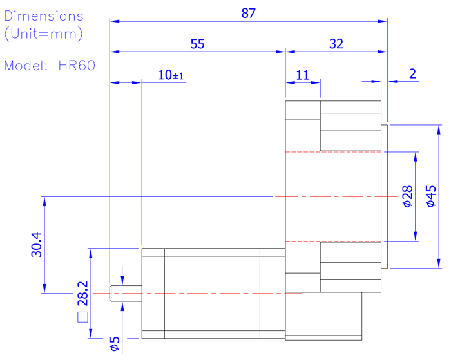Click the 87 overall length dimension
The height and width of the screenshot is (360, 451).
click(249, 13)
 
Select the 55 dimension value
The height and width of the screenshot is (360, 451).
click(197, 44)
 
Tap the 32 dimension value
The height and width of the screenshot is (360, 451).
click(336, 44)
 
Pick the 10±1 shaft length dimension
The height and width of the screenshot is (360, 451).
click(171, 75)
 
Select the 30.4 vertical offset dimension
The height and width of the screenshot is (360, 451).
click(35, 245)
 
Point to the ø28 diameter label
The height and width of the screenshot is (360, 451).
click(407, 196)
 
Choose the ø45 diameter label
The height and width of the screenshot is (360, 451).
click(431, 196)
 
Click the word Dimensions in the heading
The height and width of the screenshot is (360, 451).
click(44, 16)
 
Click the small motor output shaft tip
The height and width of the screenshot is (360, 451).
click(117, 293)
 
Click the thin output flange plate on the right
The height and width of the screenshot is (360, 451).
click(385, 196)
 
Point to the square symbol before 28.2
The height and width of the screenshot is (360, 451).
click(82, 316)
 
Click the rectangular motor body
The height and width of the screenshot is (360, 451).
click(213, 293)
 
